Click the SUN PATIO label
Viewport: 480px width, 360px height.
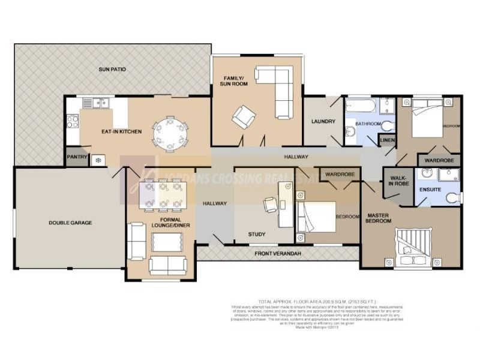click(x=112, y=70)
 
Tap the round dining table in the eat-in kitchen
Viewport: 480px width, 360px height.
click(x=170, y=134)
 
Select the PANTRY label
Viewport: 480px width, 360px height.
click(x=77, y=158)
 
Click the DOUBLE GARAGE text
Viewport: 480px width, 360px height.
click(x=70, y=223)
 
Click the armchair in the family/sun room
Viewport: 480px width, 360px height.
click(x=244, y=116)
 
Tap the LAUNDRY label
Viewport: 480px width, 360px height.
click(x=323, y=122)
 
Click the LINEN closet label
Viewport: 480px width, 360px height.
click(x=387, y=140)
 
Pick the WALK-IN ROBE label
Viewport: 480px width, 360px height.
click(x=398, y=181)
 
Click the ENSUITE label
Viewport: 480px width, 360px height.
click(x=430, y=189)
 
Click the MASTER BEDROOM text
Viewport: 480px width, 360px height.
click(x=379, y=218)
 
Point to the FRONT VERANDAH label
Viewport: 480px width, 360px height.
click(x=277, y=254)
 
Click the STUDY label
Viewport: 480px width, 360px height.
click(x=257, y=234)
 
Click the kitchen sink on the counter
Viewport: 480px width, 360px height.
click(x=96, y=103)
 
